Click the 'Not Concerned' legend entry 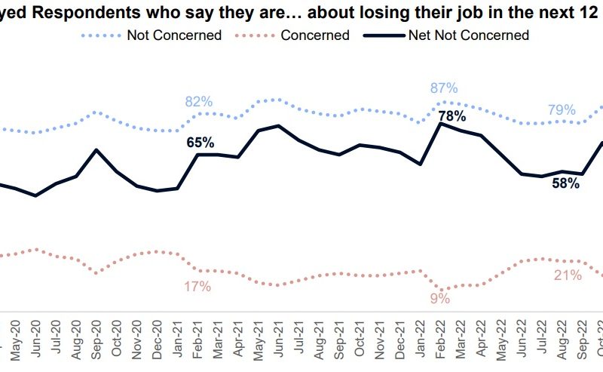(x=174, y=35)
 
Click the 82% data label (x=199, y=102)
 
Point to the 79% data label (x=562, y=110)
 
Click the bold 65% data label (x=200, y=142)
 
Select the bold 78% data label (x=451, y=116)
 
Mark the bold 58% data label (x=565, y=183)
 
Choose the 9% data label (x=440, y=299)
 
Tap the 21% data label (x=568, y=276)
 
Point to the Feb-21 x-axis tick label (x=197, y=340)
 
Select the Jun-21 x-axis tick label (x=279, y=340)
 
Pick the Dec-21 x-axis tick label (x=400, y=340)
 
